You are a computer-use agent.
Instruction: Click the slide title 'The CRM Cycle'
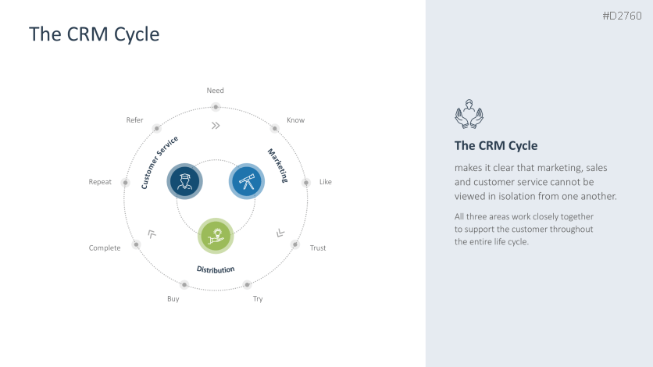pos(94,34)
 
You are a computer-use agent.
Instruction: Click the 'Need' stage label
pos(216,91)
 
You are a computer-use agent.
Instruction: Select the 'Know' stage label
pos(295,120)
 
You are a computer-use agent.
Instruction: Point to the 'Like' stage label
pos(326,182)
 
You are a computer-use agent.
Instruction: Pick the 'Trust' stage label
pos(318,248)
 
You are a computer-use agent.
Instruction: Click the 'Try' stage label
pos(258,299)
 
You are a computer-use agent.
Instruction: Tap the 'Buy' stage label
pos(173,299)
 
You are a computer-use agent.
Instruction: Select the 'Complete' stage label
pos(105,248)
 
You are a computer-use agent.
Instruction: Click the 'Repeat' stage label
pos(100,182)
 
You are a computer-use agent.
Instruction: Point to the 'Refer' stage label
pos(134,120)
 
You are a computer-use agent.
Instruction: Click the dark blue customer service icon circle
pos(185,181)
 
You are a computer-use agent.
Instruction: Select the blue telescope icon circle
pos(246,181)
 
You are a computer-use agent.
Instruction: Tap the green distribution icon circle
pos(216,236)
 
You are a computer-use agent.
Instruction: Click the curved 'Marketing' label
pos(278,165)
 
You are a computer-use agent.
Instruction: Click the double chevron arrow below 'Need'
pos(216,125)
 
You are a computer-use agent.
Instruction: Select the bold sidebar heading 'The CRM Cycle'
pos(496,146)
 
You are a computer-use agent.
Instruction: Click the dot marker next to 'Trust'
pos(295,244)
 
